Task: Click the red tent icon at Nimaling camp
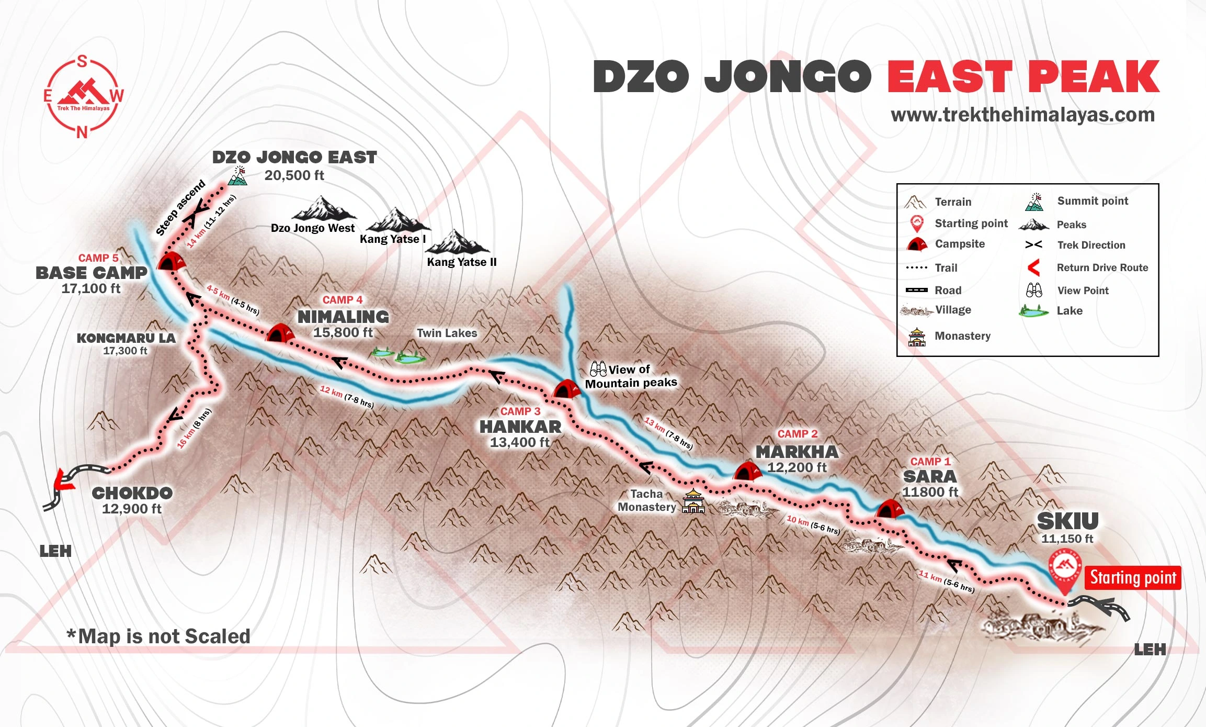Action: (280, 333)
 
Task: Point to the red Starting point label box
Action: (1132, 578)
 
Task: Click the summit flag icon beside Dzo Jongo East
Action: (238, 176)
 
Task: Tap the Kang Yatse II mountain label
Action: (461, 262)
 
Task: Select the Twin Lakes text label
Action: (447, 333)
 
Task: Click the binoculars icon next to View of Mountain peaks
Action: (598, 369)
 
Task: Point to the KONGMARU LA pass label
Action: (126, 338)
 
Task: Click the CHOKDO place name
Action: (132, 493)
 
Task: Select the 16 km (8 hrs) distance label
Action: (194, 428)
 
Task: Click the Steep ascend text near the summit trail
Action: (180, 208)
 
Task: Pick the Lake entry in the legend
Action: (1069, 311)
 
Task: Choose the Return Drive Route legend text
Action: (1102, 267)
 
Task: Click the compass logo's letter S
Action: (82, 62)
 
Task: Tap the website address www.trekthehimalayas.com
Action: (1022, 115)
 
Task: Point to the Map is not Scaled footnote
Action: (158, 636)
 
